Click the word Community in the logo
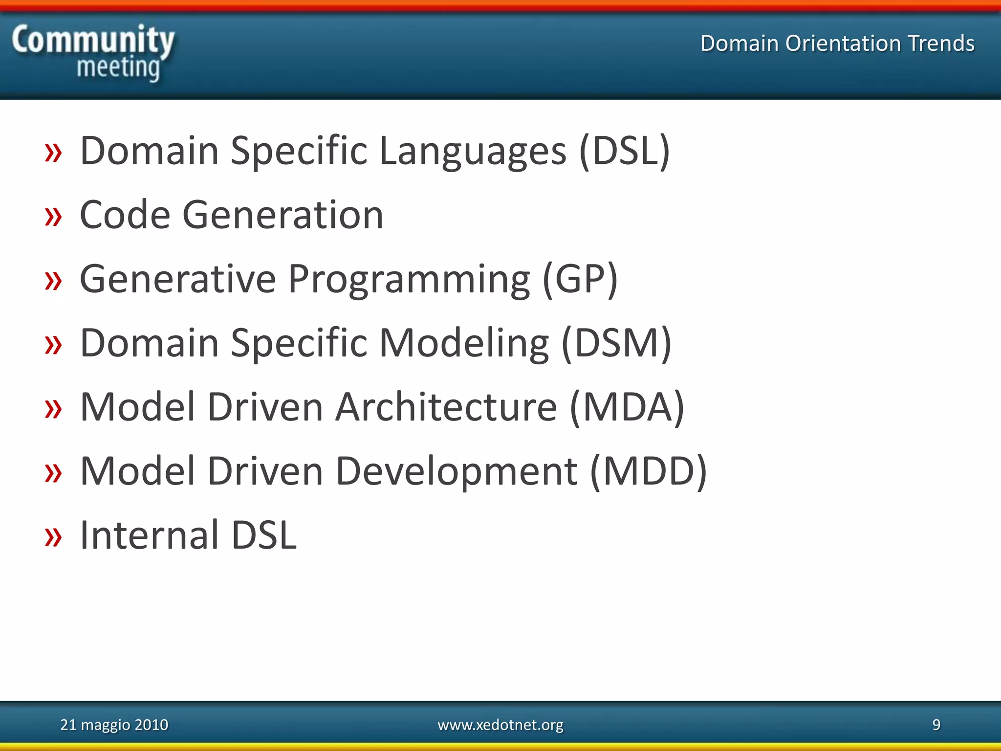93,40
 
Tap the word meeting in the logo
118,67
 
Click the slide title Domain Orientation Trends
837,43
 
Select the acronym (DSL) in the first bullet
625,151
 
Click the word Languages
473,152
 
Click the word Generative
178,279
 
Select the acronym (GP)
580,279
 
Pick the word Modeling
464,344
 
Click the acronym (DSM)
616,343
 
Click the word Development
457,472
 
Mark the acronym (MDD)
649,471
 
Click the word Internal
149,535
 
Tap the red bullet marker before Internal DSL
53,537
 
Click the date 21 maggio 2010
114,725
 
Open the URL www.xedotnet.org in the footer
500,725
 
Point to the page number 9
936,725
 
